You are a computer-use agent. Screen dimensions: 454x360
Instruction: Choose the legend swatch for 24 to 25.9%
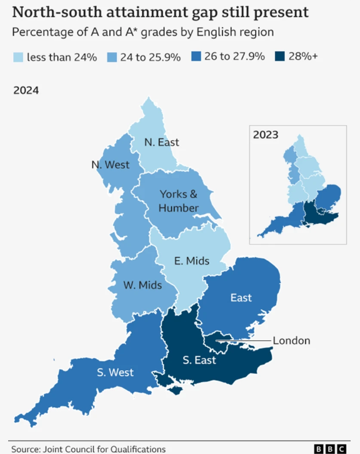113,58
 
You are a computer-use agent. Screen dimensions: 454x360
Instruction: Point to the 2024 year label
26,91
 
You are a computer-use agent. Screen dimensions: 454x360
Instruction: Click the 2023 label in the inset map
266,134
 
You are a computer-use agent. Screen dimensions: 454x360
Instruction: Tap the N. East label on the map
161,142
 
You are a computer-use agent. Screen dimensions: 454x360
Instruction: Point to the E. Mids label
191,261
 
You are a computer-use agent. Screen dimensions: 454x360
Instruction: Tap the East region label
241,298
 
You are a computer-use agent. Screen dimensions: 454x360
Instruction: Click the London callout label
291,341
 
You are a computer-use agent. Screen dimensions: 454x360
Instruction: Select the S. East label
199,360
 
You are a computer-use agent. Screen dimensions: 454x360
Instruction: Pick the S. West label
115,373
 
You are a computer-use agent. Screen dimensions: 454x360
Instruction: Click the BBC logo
329,448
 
